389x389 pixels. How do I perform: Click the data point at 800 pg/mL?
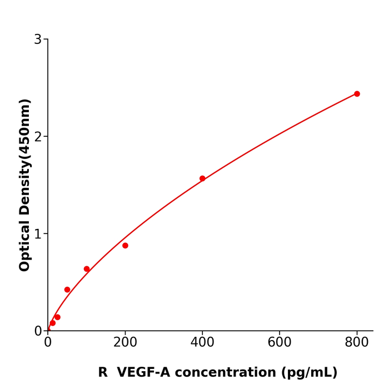coord(357,94)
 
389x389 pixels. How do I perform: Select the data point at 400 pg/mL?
coord(202,178)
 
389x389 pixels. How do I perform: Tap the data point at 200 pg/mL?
coord(125,246)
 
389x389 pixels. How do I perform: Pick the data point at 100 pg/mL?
coord(87,269)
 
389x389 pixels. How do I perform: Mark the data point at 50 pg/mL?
coord(67,290)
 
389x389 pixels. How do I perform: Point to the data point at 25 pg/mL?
coord(57,317)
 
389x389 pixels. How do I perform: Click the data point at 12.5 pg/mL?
coord(53,323)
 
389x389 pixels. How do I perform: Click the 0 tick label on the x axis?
coord(48,343)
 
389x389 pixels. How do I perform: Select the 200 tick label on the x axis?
coord(125,343)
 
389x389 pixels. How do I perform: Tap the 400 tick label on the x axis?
coord(202,343)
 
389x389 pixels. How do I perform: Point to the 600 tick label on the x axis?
coord(280,343)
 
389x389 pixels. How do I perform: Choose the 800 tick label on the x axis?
coord(357,343)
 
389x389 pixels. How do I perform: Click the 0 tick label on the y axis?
coord(38,331)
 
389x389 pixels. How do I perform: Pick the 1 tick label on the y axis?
coord(38,234)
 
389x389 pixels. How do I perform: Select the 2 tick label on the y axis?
coord(38,137)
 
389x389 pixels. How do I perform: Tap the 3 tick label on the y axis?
coord(38,39)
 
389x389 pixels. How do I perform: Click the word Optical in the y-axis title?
coord(24,246)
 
